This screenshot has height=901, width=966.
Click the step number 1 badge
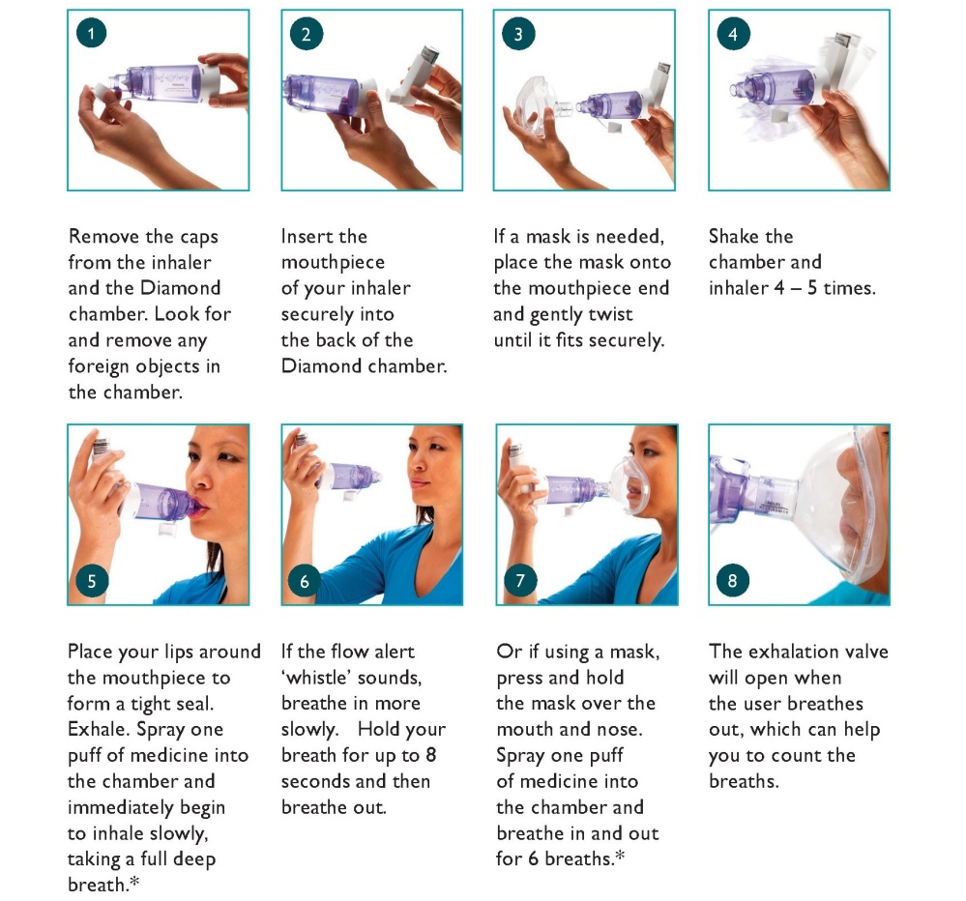(x=92, y=33)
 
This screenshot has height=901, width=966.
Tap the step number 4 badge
(x=733, y=33)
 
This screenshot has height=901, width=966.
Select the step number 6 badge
(x=305, y=581)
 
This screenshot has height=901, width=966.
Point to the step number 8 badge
(x=733, y=580)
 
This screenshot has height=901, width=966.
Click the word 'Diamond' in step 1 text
(x=181, y=288)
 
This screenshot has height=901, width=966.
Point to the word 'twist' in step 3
(x=610, y=314)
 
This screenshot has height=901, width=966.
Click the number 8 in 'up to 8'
(x=430, y=755)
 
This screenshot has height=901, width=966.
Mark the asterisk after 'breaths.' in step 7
(x=619, y=855)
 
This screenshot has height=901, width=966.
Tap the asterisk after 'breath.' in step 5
(x=133, y=882)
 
